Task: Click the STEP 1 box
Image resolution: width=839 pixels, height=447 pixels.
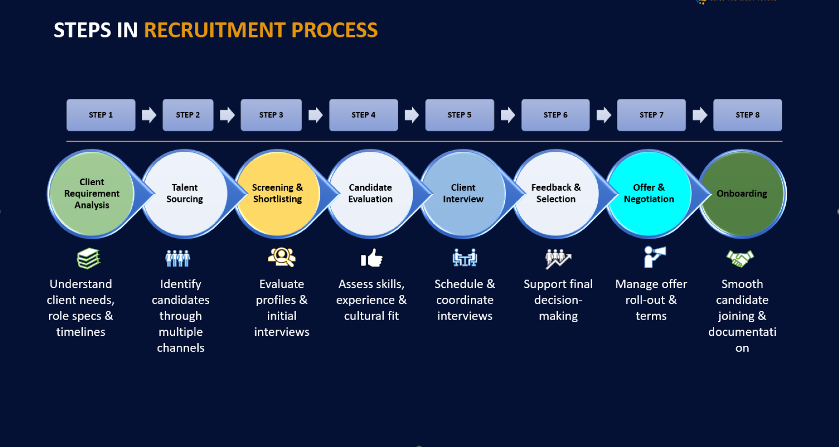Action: pos(101,115)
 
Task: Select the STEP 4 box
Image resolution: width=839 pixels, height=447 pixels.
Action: pos(363,115)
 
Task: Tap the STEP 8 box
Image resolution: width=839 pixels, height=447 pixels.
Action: pos(747,115)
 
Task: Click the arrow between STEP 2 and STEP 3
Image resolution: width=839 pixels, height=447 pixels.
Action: pos(227,115)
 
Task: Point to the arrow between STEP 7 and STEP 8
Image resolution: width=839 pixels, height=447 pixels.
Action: pos(699,115)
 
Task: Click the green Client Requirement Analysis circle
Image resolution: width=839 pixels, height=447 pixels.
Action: pos(92,194)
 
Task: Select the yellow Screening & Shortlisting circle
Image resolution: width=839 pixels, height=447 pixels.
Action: pos(277,194)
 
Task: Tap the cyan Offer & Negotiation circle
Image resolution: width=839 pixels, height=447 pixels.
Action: pos(648,194)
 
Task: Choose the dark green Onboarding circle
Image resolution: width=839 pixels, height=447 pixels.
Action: pos(742,194)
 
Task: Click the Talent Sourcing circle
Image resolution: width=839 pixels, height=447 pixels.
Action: pos(185,194)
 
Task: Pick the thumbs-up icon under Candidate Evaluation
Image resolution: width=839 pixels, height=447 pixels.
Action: pos(372,258)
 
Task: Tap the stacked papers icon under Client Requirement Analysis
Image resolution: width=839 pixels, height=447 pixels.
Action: pos(88,258)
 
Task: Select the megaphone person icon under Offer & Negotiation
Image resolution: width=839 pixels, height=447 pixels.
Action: pos(654,257)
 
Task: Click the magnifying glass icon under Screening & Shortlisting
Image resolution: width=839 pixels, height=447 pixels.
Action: pos(282,257)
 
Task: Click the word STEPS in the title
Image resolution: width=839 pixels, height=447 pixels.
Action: pos(82,30)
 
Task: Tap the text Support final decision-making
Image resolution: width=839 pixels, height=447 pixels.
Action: pos(558,300)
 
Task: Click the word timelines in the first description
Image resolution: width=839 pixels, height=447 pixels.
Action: pos(80,332)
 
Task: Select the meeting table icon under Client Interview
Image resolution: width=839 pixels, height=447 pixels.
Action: pos(464,257)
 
